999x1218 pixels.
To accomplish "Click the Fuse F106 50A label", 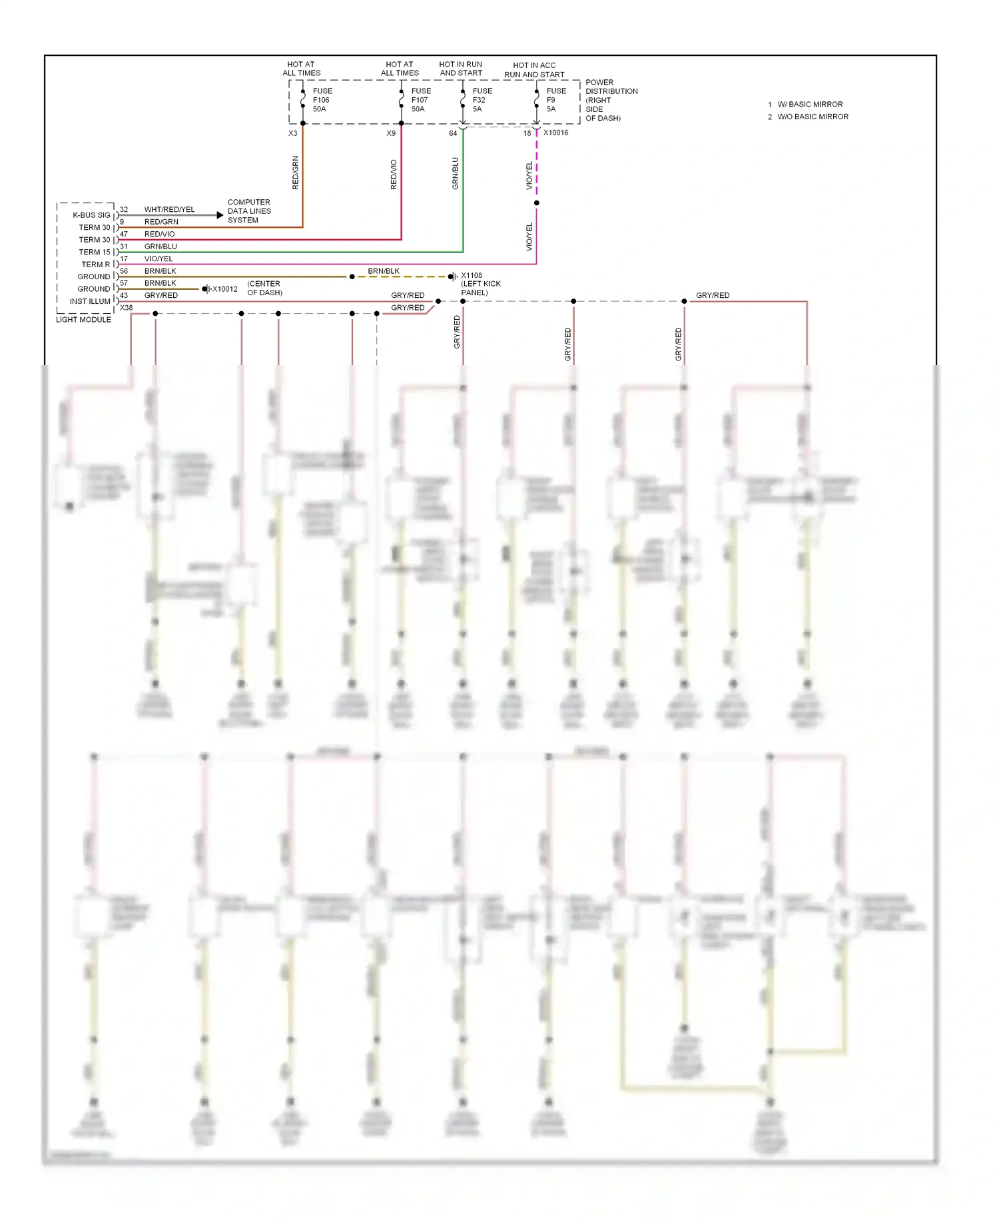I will click(x=322, y=100).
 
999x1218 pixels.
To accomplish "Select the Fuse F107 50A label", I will click(x=421, y=100).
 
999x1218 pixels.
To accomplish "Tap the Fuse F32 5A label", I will click(x=482, y=100).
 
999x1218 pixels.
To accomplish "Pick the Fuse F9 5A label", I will click(x=556, y=100).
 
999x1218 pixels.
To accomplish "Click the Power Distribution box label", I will click(x=611, y=100).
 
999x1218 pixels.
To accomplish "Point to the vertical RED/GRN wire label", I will click(x=296, y=173).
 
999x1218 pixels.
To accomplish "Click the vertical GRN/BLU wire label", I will click(x=456, y=173).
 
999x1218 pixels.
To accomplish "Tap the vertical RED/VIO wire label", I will click(x=394, y=175).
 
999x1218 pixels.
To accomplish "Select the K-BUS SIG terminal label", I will click(x=91, y=215).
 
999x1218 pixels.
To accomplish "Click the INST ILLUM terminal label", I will click(x=90, y=301).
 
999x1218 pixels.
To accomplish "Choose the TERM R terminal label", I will click(x=96, y=265).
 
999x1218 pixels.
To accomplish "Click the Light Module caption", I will click(x=83, y=320).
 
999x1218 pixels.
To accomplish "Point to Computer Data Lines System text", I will click(x=249, y=211).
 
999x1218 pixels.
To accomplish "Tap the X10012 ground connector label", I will click(x=224, y=289).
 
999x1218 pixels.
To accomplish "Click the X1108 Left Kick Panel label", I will click(x=480, y=284).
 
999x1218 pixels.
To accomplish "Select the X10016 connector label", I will click(x=555, y=133).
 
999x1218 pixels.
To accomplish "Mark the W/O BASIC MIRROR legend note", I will click(x=813, y=117).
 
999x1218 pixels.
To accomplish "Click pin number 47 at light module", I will click(x=124, y=235).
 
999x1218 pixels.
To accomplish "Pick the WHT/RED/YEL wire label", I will click(x=169, y=209).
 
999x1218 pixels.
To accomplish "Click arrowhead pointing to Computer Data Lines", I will click(x=220, y=215).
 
